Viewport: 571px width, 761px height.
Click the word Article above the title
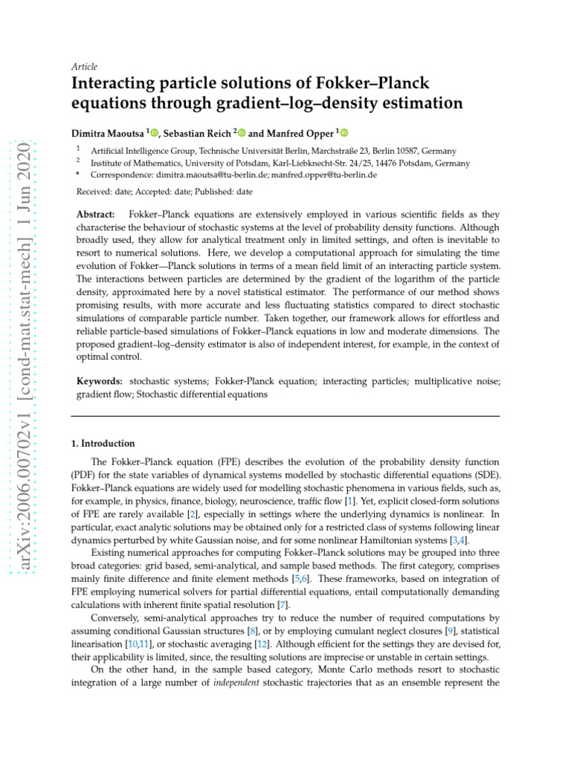[84, 66]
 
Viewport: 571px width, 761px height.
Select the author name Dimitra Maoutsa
[107, 133]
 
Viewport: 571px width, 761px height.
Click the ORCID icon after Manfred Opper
[343, 133]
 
